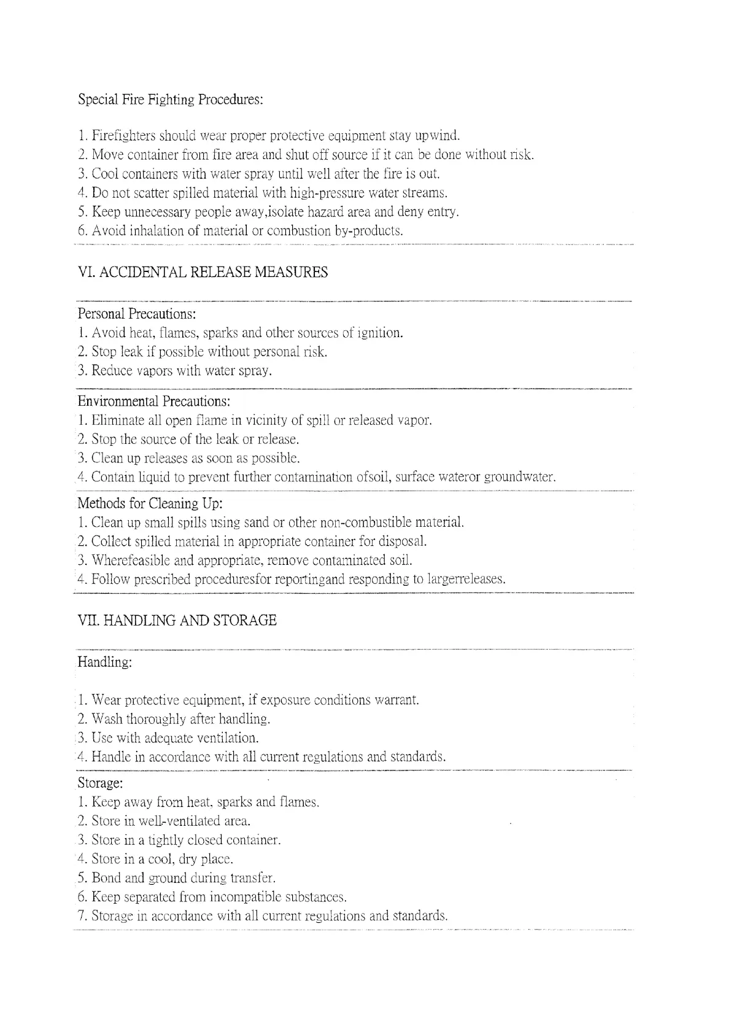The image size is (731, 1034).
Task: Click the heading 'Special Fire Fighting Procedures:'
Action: click(x=171, y=99)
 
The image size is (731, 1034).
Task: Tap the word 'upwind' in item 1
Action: click(x=437, y=136)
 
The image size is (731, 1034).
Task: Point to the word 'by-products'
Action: click(x=368, y=231)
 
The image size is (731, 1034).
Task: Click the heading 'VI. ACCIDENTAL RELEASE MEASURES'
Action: click(x=203, y=273)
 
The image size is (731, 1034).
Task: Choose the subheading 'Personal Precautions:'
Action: click(x=137, y=314)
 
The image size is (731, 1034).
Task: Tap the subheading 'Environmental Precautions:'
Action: click(x=154, y=402)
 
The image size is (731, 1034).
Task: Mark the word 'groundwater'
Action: click(x=520, y=477)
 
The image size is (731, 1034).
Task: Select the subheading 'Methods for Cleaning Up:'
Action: click(x=150, y=503)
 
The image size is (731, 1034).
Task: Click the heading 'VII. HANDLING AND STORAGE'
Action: click(x=177, y=621)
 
